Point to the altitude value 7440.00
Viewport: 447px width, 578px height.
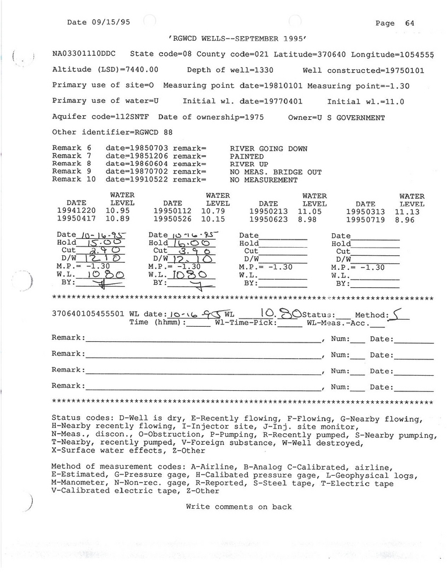point(139,70)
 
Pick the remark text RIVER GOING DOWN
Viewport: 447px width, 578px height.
point(268,149)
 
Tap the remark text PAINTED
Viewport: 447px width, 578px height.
point(247,156)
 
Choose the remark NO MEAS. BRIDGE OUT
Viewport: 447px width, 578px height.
point(275,172)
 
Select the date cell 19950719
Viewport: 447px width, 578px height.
point(366,221)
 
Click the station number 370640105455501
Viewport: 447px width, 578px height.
point(88,314)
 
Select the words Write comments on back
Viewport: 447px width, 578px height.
point(239,507)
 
